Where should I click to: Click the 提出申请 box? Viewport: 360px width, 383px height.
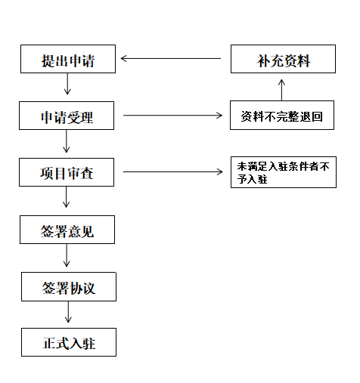pos(68,59)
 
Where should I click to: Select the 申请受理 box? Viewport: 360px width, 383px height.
pos(67,116)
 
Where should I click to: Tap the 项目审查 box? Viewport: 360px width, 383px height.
pos(67,172)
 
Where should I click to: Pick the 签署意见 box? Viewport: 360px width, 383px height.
pos(67,230)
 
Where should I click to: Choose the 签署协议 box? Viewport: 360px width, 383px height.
pos(69,286)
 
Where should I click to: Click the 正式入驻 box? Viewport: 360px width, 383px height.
pos(69,342)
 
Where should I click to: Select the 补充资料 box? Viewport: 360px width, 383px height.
pos(283,59)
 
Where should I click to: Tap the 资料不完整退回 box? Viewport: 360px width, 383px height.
pos(282,116)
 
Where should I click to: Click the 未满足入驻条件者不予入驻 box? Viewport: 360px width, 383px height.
pos(284,172)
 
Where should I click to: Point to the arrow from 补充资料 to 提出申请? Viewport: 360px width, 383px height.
pos(171,59)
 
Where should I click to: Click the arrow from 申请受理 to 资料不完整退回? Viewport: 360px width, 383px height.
pos(172,116)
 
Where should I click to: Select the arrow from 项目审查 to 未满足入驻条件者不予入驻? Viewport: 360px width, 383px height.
pos(173,172)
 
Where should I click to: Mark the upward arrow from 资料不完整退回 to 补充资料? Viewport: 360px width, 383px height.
pos(281,90)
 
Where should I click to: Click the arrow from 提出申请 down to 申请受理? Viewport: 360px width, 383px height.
pos(67,84)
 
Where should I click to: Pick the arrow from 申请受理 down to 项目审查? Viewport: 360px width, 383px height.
pos(67,141)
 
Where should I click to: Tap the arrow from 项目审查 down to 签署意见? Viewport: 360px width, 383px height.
pos(66,197)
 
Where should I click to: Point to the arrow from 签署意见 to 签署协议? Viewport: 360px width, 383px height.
pos(67,255)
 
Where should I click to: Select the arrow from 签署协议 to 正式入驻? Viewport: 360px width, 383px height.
pos(68,312)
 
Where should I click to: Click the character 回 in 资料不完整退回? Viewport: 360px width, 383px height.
pos(317,116)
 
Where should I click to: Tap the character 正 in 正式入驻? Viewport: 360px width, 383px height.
pos(49,343)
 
